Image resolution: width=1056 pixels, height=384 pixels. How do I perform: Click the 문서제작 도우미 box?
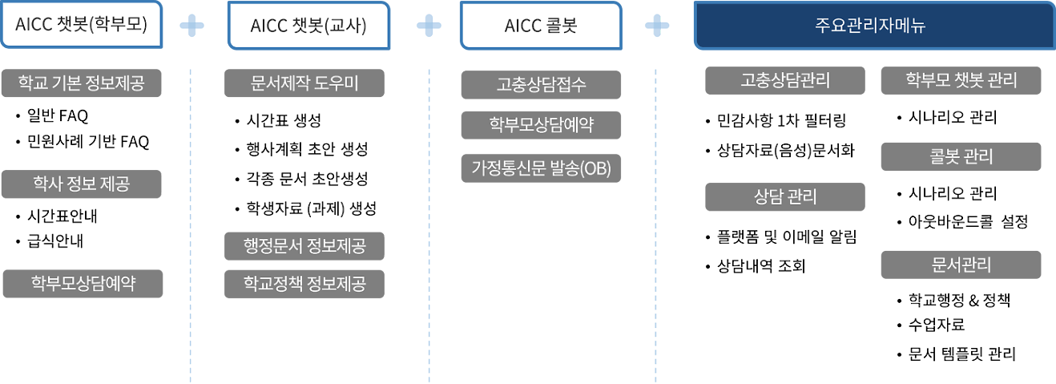point(304,83)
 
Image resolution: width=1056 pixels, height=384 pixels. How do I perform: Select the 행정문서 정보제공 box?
point(304,245)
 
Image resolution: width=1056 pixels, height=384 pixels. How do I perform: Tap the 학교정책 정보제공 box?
point(304,283)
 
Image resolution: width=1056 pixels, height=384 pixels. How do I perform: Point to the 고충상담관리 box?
point(773,80)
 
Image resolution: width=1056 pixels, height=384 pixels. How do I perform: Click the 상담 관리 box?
point(773,196)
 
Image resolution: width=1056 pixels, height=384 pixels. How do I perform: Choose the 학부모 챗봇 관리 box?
point(961,80)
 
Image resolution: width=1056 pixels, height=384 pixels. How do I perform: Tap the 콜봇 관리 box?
point(961,156)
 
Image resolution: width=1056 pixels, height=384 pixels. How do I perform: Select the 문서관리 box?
point(961,264)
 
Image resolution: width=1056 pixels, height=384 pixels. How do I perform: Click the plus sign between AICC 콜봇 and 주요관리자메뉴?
point(660,25)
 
